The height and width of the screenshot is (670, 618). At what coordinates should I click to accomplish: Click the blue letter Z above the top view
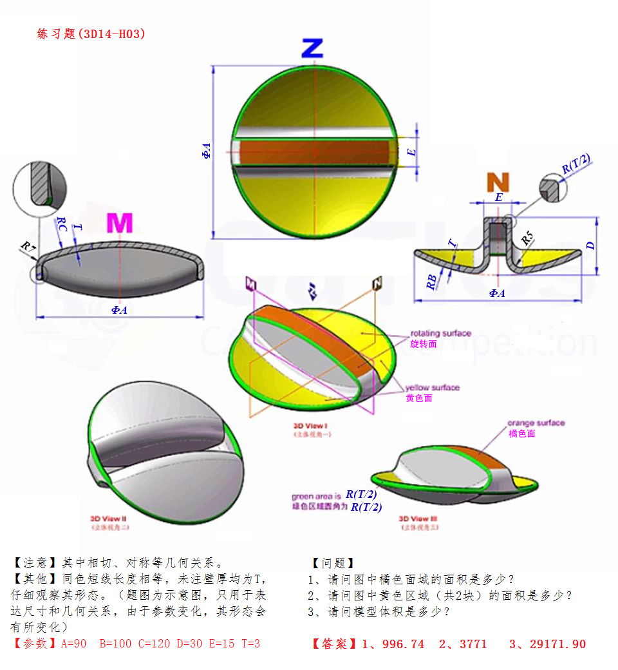coord(312,49)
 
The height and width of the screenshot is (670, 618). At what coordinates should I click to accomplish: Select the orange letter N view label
coord(498,182)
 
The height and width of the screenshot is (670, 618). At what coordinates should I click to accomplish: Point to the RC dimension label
coord(62,224)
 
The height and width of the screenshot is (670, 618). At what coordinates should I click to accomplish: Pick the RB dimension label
coord(432,280)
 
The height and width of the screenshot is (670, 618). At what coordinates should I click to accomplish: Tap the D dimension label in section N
coord(591,245)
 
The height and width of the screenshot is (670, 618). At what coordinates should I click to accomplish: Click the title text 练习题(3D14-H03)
coord(91,34)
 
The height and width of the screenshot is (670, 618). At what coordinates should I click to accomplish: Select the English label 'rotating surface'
coord(441,333)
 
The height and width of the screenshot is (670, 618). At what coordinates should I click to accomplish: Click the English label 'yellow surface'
coord(433,388)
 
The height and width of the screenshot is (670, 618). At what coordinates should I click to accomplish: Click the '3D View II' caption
coord(109,519)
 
